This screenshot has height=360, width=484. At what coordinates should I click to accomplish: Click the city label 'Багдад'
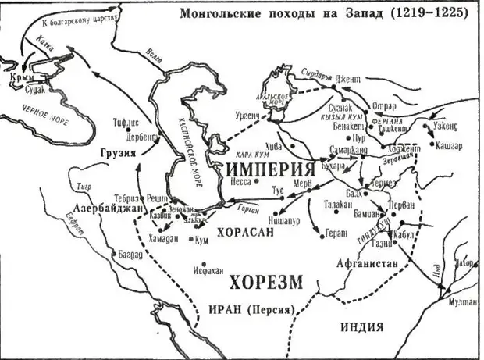pos(129,255)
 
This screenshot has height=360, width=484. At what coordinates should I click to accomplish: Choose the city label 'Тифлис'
pos(127,122)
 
